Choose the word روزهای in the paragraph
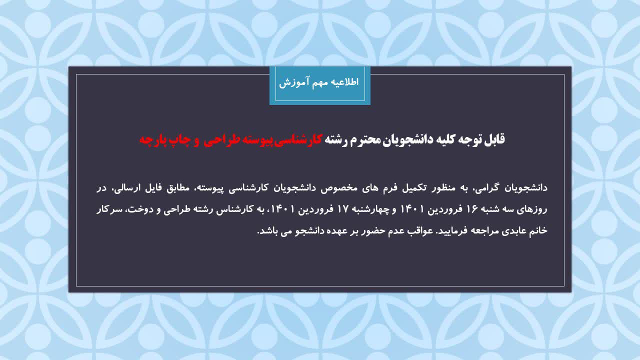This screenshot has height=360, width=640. pyautogui.click(x=532, y=209)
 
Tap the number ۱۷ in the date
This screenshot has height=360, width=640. pyautogui.click(x=342, y=209)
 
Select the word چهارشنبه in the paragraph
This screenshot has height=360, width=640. pyautogui.click(x=370, y=209)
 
